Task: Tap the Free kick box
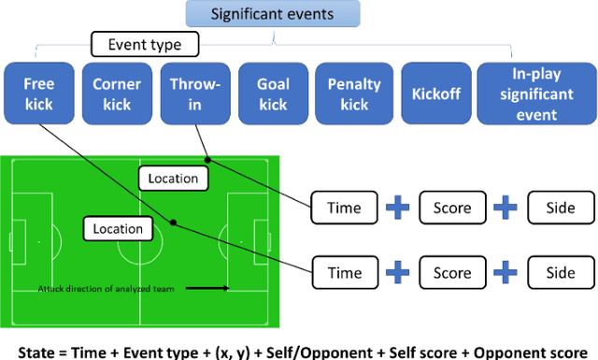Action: (38, 94)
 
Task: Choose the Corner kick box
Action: (117, 94)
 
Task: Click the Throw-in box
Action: (194, 94)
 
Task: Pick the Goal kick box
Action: (272, 94)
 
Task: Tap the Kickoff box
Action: (435, 94)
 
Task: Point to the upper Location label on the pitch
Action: (173, 178)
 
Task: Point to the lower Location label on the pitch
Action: (118, 228)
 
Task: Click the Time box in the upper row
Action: (343, 208)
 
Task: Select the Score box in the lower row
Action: (452, 273)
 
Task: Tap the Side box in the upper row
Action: (561, 208)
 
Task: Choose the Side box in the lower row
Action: (561, 273)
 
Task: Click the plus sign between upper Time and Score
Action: (397, 208)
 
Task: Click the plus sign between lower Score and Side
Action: (506, 273)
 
